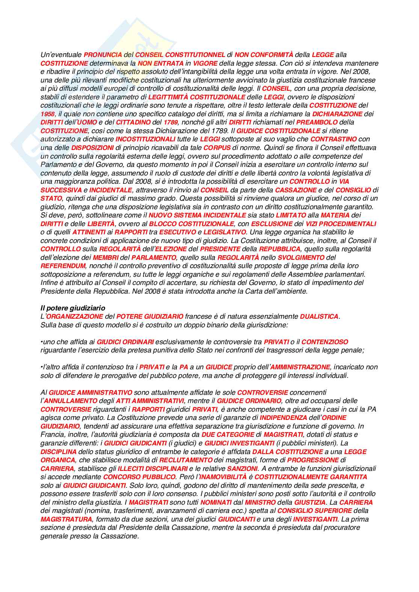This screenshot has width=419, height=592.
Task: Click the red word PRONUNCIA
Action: pos(103,55)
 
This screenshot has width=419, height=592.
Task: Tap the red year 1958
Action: pos(47,114)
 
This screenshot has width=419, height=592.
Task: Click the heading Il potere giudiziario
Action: pos(73,308)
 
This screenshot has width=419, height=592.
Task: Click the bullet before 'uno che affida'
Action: pos(42,342)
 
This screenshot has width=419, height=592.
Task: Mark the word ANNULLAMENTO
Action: pos(68,401)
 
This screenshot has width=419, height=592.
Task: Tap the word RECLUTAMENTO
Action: pos(185,460)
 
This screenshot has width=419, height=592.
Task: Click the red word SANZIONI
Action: pos(242,469)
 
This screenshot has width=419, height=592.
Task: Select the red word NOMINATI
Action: pos(216,502)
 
